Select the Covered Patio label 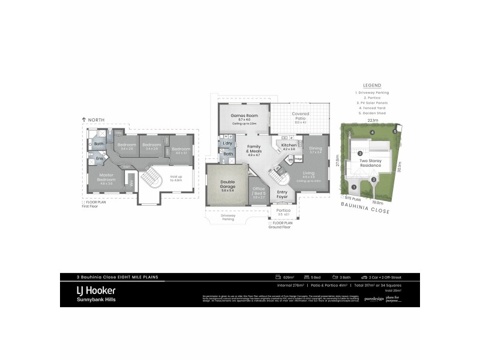coord(300,116)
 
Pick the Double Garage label coord(227,187)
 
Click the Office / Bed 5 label coord(259,191)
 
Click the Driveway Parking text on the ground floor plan coord(227,218)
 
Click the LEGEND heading coord(372,86)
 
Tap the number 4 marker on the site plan coord(372,132)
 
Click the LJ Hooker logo coord(96,291)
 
